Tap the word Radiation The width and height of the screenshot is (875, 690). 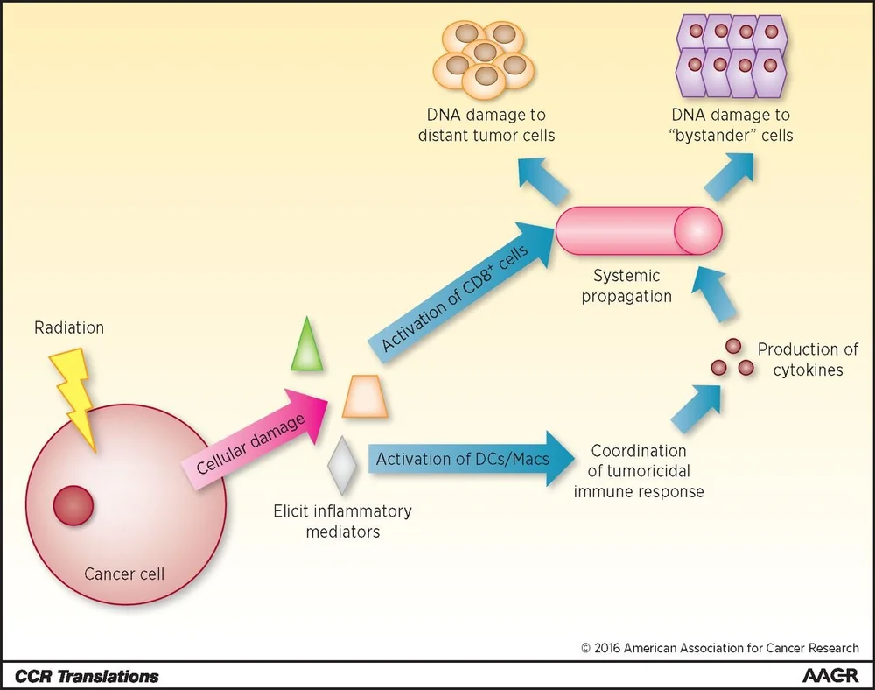click(x=69, y=328)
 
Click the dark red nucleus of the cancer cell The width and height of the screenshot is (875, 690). click(x=73, y=506)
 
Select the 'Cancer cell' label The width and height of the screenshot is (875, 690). click(x=124, y=574)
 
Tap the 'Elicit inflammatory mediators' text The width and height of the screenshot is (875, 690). click(x=341, y=520)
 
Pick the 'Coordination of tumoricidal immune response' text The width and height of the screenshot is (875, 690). click(x=638, y=471)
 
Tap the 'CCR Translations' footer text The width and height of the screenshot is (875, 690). click(x=87, y=676)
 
